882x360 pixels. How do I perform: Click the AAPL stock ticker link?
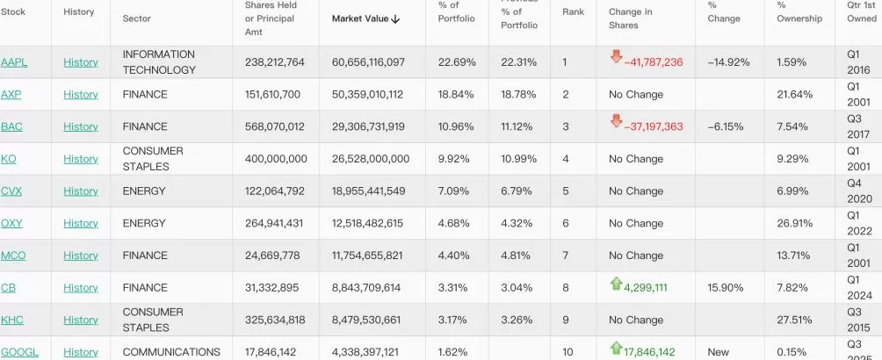click(14, 62)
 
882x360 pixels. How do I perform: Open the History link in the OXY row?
click(81, 223)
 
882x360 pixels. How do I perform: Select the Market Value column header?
click(360, 18)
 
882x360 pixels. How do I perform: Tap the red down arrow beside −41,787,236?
click(616, 57)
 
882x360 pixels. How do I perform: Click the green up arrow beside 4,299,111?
click(616, 284)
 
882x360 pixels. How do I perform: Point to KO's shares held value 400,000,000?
click(276, 159)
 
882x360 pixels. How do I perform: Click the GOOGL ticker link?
click(19, 352)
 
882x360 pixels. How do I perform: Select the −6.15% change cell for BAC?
click(726, 126)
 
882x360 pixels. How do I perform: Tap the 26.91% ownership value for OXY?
click(794, 223)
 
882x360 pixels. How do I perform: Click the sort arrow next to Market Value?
click(396, 18)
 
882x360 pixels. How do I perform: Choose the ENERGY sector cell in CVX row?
click(144, 191)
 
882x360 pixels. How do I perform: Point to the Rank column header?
click(573, 12)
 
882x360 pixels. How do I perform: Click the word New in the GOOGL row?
click(718, 352)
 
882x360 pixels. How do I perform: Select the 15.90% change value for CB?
click(726, 288)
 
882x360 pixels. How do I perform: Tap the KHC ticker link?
click(12, 320)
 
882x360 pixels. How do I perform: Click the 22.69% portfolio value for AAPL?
click(457, 62)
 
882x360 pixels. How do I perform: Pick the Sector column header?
click(137, 18)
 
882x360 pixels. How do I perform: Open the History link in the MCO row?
click(81, 256)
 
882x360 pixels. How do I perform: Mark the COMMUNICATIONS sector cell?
click(171, 352)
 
